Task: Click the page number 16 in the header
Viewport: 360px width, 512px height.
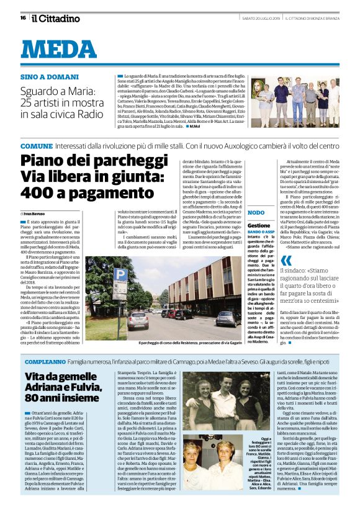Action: pyautogui.click(x=23, y=18)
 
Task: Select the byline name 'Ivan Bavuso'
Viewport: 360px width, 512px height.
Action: pyautogui.click(x=36, y=213)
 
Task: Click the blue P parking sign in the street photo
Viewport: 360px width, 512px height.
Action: pyautogui.click(x=116, y=276)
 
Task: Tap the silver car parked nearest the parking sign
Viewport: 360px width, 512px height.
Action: pyautogui.click(x=138, y=318)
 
